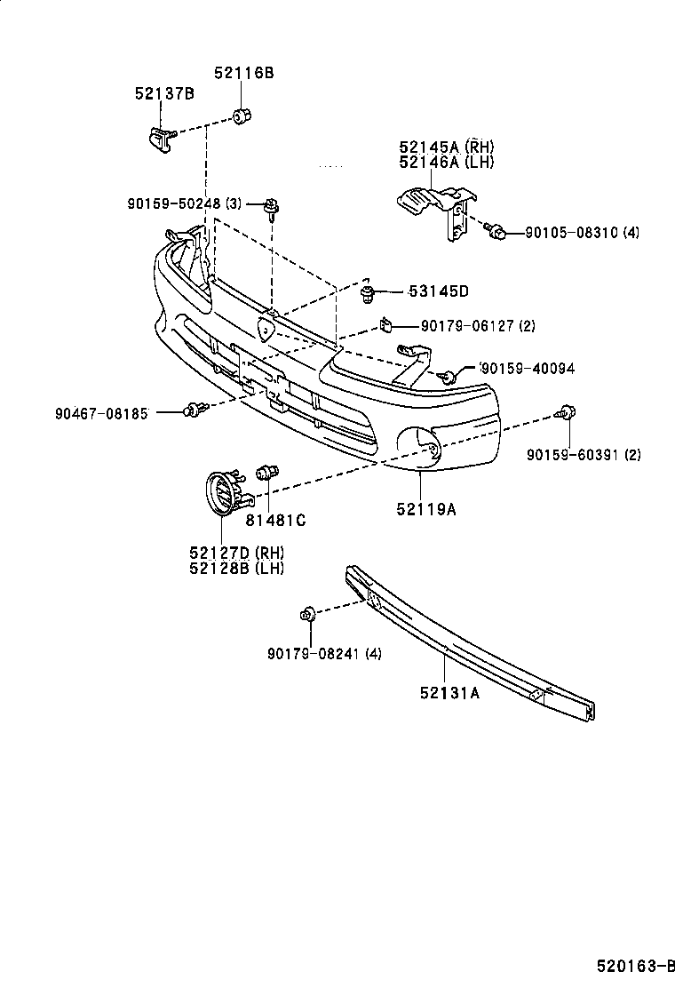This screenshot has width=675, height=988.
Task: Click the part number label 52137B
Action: click(164, 93)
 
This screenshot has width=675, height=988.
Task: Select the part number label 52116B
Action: click(242, 74)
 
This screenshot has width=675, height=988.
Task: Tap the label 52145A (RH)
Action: click(446, 147)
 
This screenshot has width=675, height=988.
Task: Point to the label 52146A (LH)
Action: click(446, 162)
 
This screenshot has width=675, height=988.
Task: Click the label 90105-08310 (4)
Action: click(581, 233)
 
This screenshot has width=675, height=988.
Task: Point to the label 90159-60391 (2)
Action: click(583, 455)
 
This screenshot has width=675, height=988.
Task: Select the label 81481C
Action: click(275, 521)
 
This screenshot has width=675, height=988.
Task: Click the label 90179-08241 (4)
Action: click(323, 655)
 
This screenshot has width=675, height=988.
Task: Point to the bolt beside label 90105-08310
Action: click(498, 233)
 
